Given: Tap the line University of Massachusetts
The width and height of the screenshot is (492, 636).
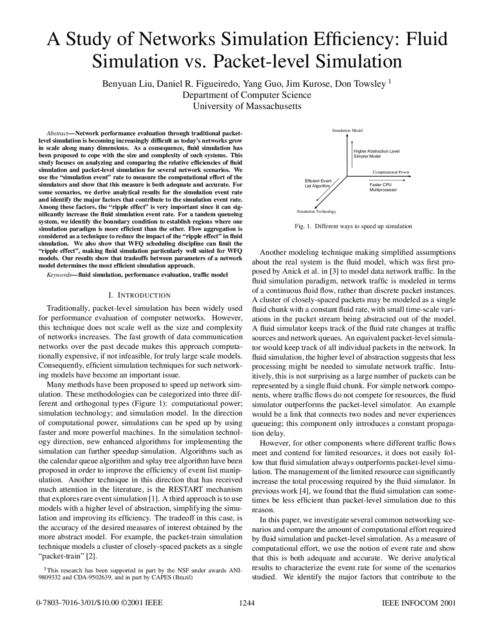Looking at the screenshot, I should (247, 106).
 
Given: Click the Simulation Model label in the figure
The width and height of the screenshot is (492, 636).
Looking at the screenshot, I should (347, 131).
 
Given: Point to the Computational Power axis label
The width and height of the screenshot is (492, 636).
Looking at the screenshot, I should (391, 172).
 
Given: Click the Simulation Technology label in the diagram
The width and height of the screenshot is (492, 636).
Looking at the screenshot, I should (316, 212).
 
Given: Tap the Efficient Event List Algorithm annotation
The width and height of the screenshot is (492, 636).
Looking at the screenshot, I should (317, 183).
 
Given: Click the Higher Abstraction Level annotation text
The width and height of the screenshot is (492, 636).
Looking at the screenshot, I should (376, 151).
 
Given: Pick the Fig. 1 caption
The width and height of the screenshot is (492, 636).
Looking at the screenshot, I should (353, 226).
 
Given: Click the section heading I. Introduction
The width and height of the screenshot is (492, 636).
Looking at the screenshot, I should (140, 295).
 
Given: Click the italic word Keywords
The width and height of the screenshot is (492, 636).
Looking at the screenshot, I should (58, 275).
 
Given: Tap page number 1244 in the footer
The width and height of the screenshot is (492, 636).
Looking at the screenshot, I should (247, 603).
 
